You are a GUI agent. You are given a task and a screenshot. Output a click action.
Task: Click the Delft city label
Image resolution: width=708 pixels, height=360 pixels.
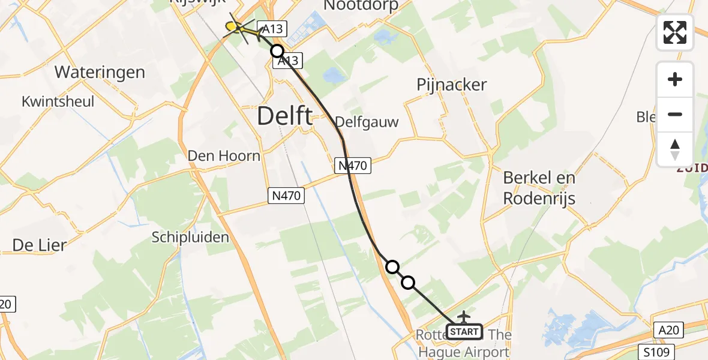(284, 116)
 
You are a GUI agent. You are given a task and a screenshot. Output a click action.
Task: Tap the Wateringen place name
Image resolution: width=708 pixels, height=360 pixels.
(100, 73)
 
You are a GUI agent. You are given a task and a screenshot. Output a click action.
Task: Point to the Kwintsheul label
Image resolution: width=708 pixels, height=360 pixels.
(58, 101)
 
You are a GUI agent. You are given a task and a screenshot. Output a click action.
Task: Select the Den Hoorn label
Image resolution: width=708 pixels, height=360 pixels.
(224, 156)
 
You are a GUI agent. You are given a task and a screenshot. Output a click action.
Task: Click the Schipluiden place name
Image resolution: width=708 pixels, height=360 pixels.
(190, 237)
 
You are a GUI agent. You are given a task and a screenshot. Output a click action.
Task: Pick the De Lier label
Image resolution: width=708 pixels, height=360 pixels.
(38, 245)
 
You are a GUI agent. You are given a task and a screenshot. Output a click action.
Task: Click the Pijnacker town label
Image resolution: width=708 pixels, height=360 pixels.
(451, 85)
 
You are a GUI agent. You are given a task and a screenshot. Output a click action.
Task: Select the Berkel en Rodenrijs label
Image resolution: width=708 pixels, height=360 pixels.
(539, 188)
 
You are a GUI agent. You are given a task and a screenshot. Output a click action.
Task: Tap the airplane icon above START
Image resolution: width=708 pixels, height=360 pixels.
(464, 316)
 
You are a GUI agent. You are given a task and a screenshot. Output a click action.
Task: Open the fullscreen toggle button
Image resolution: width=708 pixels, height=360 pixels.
(675, 32)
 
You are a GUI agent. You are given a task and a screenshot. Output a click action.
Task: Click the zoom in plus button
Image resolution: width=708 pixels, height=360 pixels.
(675, 79)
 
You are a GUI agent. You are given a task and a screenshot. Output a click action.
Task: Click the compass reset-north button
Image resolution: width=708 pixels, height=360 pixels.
(675, 149)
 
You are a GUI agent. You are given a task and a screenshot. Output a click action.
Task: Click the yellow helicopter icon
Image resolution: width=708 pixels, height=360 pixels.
(235, 27)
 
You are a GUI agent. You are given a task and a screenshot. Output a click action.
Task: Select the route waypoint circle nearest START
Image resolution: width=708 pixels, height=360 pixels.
(408, 282)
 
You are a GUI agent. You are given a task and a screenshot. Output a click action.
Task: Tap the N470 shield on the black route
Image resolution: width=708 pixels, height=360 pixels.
(352, 164)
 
